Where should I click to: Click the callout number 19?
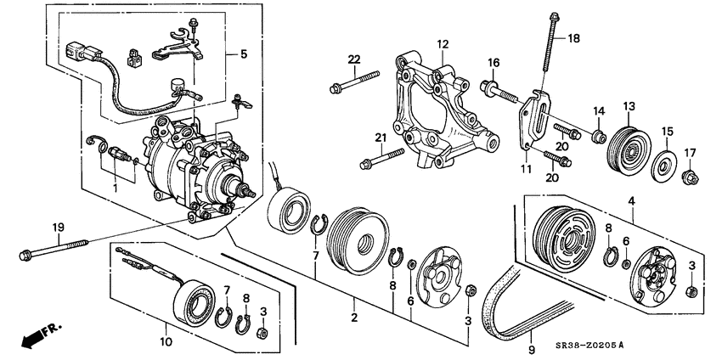tap(58, 227)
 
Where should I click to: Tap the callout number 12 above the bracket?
tap(443, 43)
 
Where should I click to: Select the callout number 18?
tap(574, 38)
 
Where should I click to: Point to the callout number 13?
tap(629, 106)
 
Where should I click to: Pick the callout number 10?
tap(167, 343)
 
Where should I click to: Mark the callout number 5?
tap(244, 54)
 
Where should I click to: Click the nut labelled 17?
tap(690, 177)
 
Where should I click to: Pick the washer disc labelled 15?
tap(662, 164)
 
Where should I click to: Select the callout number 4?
tap(631, 200)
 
